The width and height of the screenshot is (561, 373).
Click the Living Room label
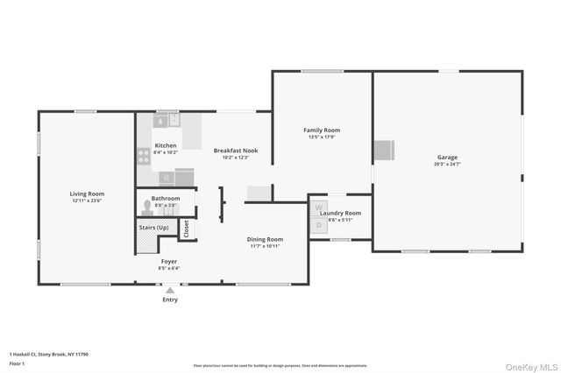[x=87, y=194]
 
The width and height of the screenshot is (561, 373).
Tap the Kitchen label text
[x=165, y=145]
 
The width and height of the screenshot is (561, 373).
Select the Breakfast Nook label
[x=236, y=151]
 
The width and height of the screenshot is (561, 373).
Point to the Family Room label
[x=322, y=130]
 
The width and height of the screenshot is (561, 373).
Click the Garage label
[x=447, y=158]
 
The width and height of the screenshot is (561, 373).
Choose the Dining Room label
[x=264, y=239]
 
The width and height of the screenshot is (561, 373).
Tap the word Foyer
[x=169, y=261]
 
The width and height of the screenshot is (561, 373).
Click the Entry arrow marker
[x=170, y=290]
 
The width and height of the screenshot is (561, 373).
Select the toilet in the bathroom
[x=147, y=208]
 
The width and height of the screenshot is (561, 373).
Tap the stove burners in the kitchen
[x=144, y=157]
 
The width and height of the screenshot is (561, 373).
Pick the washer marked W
[x=318, y=209]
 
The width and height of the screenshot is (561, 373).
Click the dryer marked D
[x=318, y=225]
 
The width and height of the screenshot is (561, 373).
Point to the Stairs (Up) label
[x=153, y=228]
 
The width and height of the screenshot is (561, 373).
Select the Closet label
[x=186, y=229]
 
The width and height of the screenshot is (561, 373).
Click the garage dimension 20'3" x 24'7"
[x=447, y=164]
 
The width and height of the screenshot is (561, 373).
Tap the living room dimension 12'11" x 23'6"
[x=87, y=200]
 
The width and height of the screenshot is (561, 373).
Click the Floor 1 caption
[x=18, y=362]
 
